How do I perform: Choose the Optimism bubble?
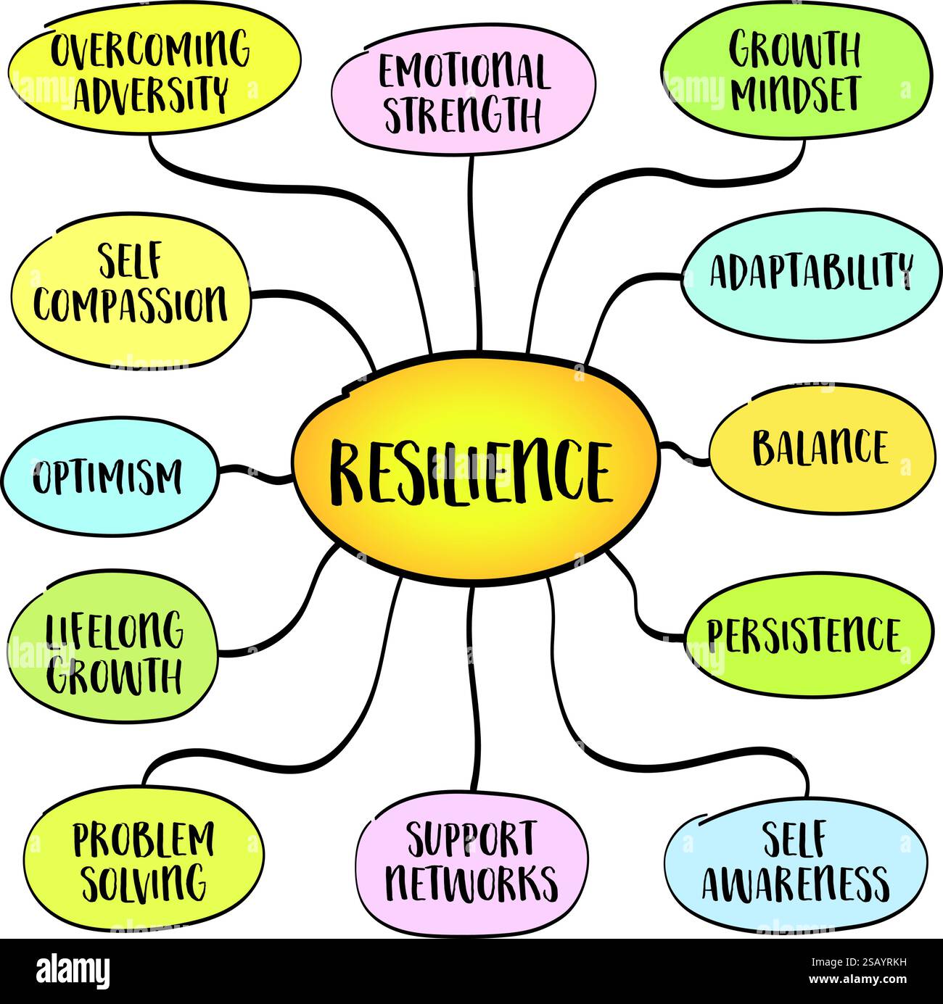pyautogui.click(x=109, y=478)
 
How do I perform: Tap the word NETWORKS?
pyautogui.click(x=471, y=882)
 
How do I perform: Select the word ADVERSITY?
pyautogui.click(x=151, y=93)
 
